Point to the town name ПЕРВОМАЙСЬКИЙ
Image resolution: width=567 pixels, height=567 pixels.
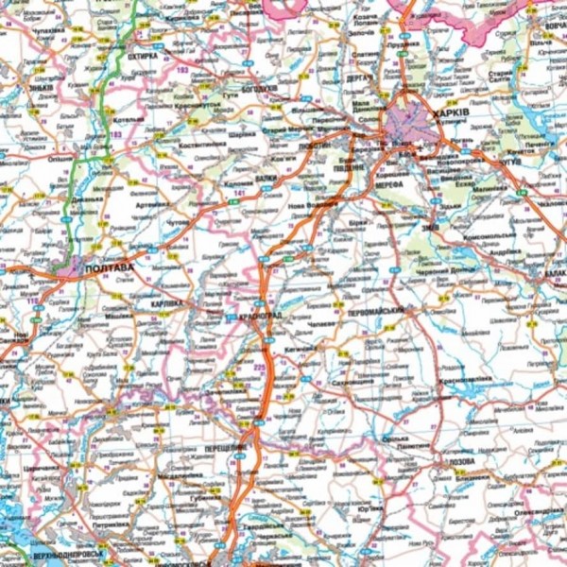pyautogui.click(x=382, y=311)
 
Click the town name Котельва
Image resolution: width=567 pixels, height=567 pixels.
pyautogui.click(x=129, y=119)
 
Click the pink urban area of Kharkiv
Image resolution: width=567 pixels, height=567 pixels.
pyautogui.click(x=410, y=124)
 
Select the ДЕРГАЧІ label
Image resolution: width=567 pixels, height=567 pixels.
pyautogui.click(x=359, y=78)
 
